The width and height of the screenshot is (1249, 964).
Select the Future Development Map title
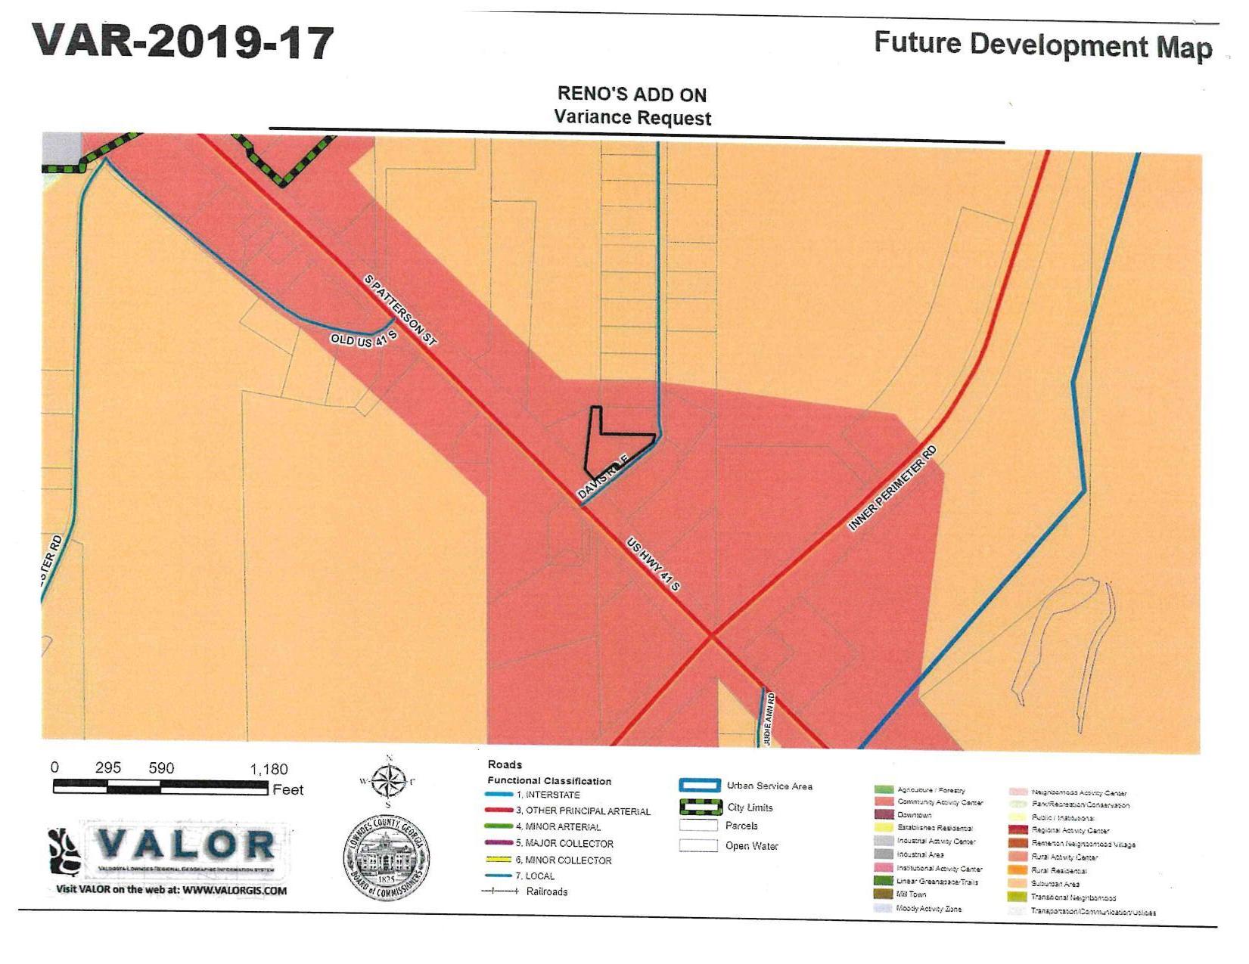tap(1042, 45)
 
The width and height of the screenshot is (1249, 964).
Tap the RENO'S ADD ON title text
tap(632, 95)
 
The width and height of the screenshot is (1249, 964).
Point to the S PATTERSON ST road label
tap(400, 311)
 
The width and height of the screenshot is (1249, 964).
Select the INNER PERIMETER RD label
tap(892, 488)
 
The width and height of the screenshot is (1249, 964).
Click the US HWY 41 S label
tap(653, 564)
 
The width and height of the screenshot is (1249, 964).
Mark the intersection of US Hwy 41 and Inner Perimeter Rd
tap(711, 637)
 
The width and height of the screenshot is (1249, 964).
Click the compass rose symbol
tap(388, 781)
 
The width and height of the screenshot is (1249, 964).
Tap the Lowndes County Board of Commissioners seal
tap(387, 860)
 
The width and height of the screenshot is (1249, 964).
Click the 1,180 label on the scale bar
tap(269, 770)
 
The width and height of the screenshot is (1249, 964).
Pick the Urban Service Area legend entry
tap(769, 786)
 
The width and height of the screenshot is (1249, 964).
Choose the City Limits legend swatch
tap(699, 807)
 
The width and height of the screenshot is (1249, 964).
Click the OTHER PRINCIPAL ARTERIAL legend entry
tap(587, 811)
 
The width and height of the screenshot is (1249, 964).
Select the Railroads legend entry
tap(546, 892)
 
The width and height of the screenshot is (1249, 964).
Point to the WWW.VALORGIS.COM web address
tap(235, 891)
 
